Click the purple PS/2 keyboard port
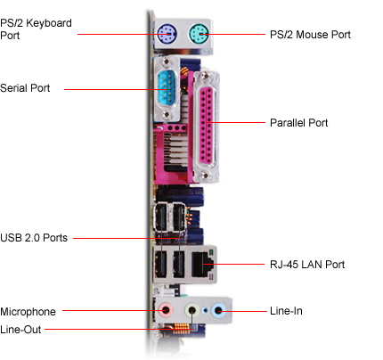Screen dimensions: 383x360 click(167, 34)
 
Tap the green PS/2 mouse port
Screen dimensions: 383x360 click(199, 34)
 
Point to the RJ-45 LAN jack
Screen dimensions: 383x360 click(203, 265)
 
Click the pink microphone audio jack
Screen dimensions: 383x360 click(166, 311)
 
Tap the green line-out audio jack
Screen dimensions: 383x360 click(191, 311)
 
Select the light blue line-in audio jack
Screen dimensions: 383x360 click(218, 311)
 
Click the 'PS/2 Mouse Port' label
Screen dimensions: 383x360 click(310, 35)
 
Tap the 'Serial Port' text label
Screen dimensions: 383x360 click(25, 88)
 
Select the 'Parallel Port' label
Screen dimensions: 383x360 click(299, 123)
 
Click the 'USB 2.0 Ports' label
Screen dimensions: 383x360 click(34, 238)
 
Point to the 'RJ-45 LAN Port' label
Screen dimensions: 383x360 click(307, 265)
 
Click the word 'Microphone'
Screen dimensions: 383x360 click(28, 312)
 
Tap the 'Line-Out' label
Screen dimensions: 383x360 click(20, 330)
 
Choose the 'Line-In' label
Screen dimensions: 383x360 click(286, 311)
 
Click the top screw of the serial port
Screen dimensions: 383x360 click(167, 61)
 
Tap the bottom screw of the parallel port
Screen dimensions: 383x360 click(205, 176)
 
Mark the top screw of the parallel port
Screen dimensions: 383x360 click(205, 77)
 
